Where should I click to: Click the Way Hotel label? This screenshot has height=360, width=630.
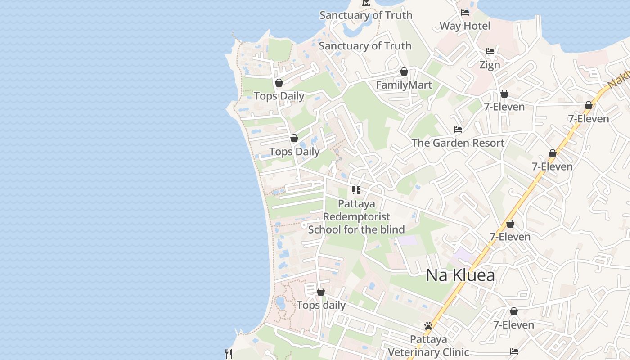pos(465,26)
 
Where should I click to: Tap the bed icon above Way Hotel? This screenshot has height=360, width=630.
pos(465,13)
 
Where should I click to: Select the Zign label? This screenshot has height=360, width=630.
pos(490,65)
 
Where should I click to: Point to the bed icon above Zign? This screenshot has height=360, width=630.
pos(490,51)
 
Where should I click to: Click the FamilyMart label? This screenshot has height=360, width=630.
pos(404,85)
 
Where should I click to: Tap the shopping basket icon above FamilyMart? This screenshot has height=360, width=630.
pos(404,72)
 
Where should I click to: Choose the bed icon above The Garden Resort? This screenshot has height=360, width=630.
pos(458,130)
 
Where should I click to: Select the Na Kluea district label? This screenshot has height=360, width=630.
pos(460,275)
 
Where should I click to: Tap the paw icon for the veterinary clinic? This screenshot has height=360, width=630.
pos(428,326)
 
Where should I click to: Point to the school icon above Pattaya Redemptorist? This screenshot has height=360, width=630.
pos(356,190)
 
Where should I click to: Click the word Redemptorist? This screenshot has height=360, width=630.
pos(356,217)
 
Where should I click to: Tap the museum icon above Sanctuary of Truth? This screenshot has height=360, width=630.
pos(366,3)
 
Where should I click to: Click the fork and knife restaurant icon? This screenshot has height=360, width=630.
pos(229,354)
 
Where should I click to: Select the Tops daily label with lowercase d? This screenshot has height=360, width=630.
pos(321,306)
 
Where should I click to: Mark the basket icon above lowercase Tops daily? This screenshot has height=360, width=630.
pos(321,292)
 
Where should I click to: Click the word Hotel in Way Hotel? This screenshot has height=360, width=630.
pos(477,26)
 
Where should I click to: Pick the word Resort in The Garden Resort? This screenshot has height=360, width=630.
pos(488,143)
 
